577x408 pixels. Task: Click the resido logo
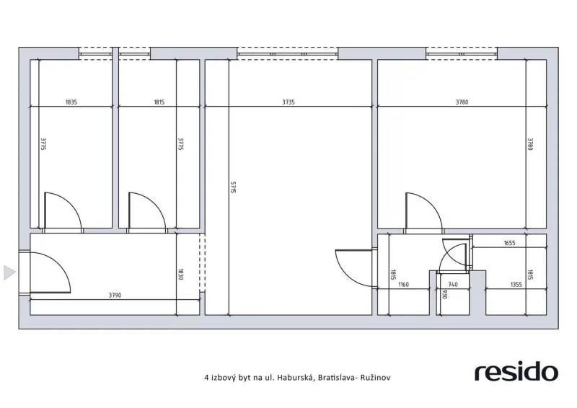click(x=516, y=372)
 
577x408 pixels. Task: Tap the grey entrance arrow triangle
click(x=9, y=272)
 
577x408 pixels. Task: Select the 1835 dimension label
click(x=71, y=102)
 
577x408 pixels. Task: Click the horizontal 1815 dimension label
click(x=159, y=102)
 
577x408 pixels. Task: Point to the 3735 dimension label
click(x=288, y=102)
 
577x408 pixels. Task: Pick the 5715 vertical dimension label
click(x=233, y=187)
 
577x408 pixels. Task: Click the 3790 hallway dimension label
click(x=115, y=295)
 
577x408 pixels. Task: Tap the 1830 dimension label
click(x=181, y=275)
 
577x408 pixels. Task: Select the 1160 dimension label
click(x=403, y=285)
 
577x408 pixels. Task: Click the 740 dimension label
click(x=453, y=285)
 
